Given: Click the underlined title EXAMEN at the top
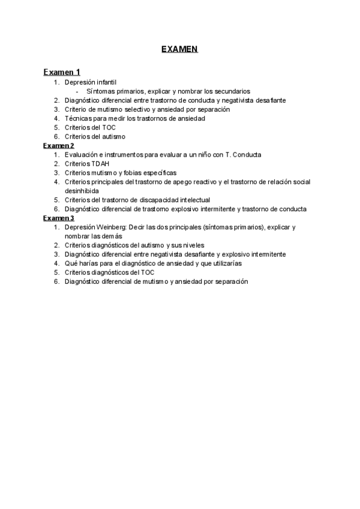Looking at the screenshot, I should tap(179, 49).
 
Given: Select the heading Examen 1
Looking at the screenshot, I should tap(62, 72).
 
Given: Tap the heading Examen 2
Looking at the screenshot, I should tap(59, 145).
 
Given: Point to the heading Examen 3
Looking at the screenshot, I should tap(59, 218).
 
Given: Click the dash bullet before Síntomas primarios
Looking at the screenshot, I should tap(77, 91).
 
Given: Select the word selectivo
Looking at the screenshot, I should tap(146, 109).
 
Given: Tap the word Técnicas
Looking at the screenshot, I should tap(77, 118).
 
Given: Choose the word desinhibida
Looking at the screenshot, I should tap(82, 190).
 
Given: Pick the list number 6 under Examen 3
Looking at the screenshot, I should tap(56, 281).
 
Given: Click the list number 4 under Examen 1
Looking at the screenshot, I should tap(56, 118).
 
